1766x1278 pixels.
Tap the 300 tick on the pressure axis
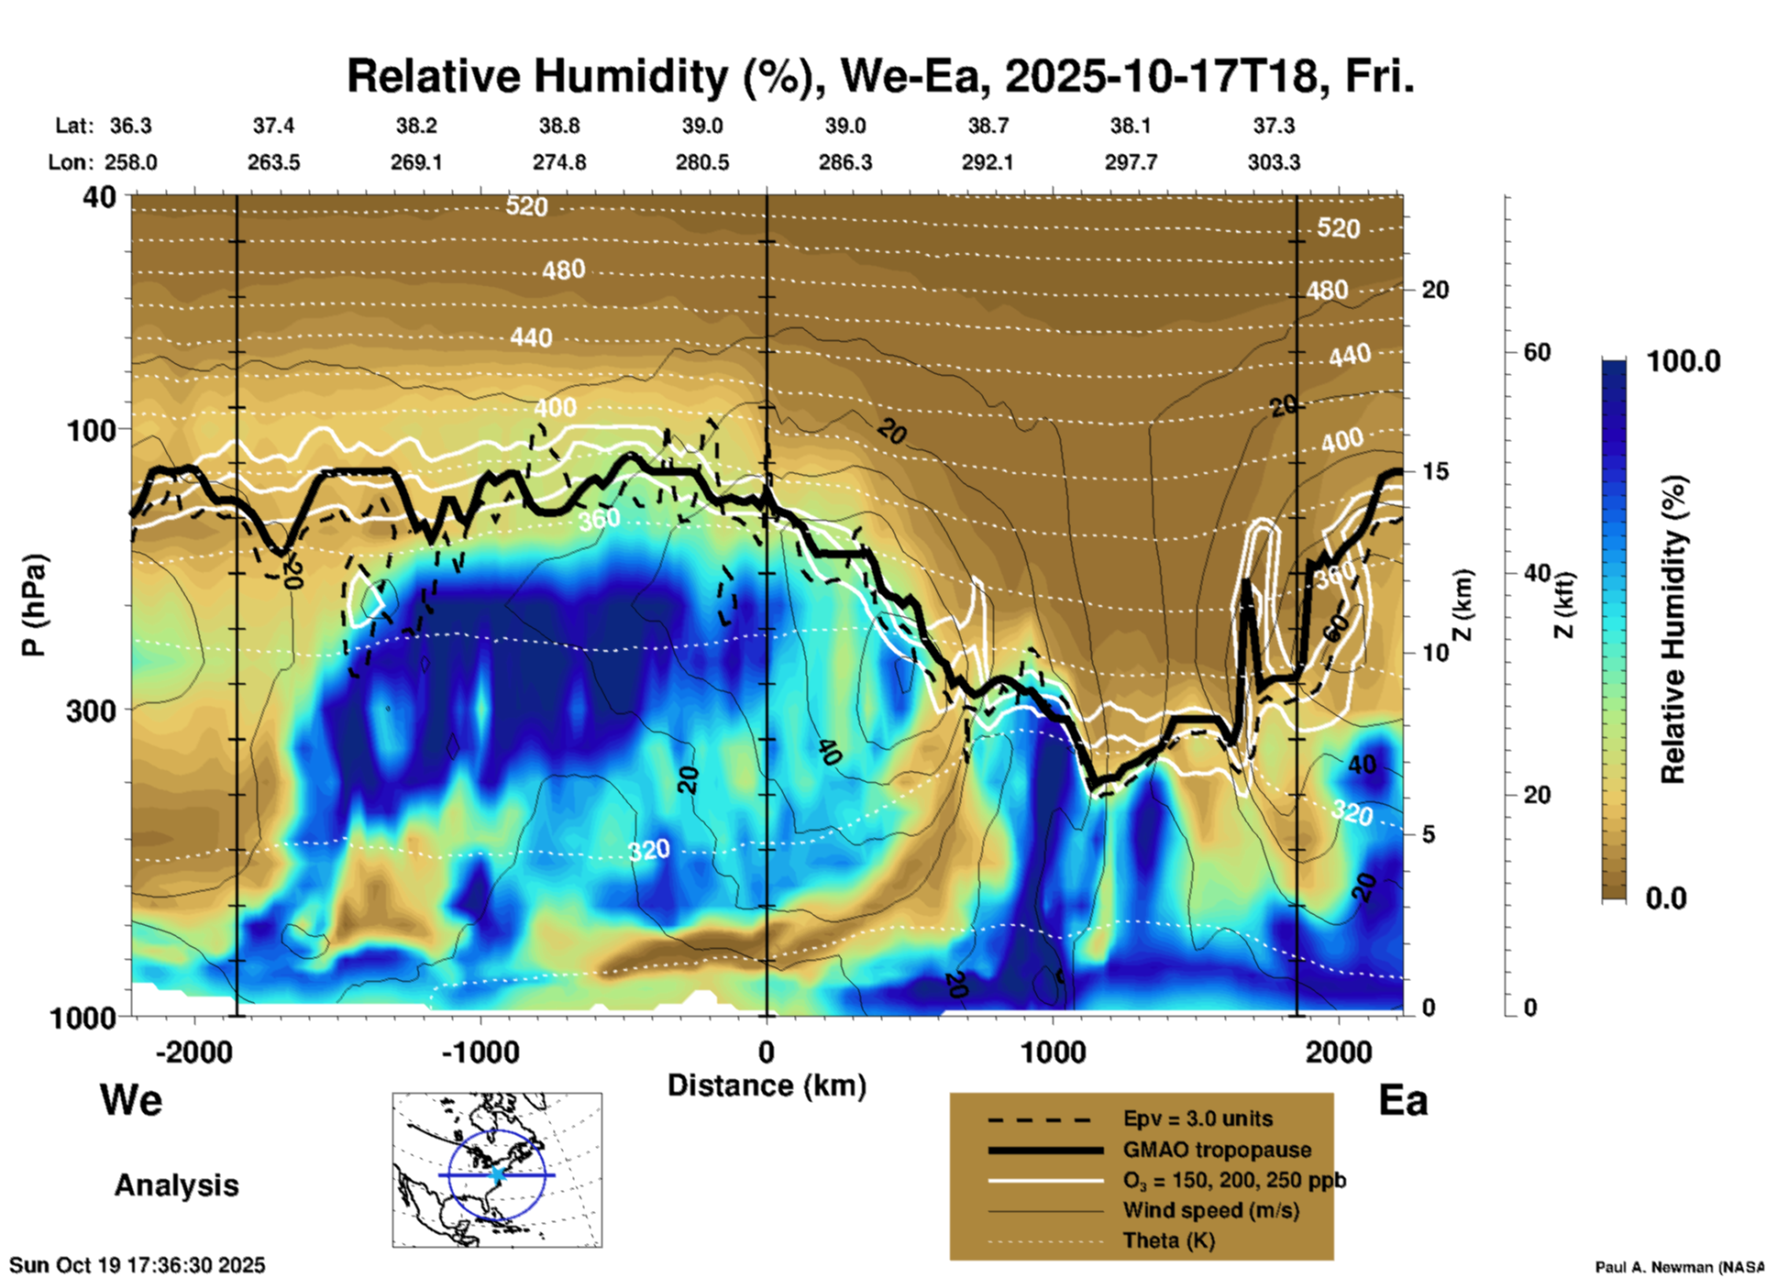click(x=91, y=711)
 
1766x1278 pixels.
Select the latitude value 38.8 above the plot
click(x=559, y=126)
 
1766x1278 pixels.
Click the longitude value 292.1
click(x=988, y=162)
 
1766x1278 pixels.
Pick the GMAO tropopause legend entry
click(x=1217, y=1150)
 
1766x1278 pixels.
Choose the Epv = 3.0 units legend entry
click(x=1198, y=1118)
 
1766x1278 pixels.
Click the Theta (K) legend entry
click(x=1168, y=1240)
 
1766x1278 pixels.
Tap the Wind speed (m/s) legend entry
click(x=1210, y=1210)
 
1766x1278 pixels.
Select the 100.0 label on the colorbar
click(x=1683, y=361)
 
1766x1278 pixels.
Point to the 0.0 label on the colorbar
click(x=1666, y=898)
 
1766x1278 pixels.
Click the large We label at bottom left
click(x=131, y=1100)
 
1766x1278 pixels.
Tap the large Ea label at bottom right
click(x=1403, y=1100)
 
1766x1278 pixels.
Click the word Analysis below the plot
click(x=176, y=1185)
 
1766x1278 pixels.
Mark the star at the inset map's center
click(x=498, y=1174)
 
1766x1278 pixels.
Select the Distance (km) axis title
click(x=767, y=1085)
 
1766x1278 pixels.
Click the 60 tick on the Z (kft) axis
click(x=1537, y=352)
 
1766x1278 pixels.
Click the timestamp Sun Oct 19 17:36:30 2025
click(x=138, y=1265)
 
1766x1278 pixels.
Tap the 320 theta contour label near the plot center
click(x=649, y=851)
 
